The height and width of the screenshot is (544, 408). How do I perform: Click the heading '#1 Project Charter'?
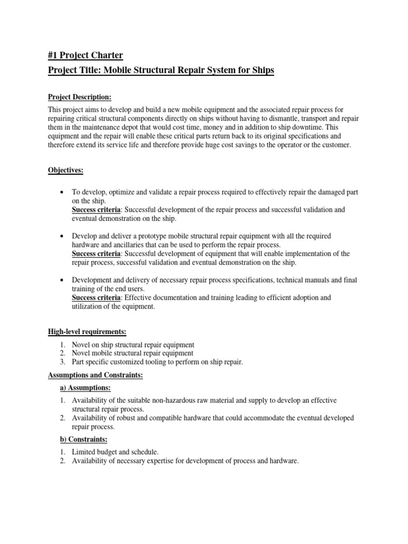tap(85, 55)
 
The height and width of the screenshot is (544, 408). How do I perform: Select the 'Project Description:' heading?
tap(80, 97)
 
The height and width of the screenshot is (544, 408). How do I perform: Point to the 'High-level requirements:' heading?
tap(87, 332)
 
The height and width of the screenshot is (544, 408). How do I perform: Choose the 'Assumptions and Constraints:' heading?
tap(96, 375)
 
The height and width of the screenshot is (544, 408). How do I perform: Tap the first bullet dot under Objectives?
tap(63, 192)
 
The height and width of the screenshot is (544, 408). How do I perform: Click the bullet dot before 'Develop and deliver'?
tap(63, 236)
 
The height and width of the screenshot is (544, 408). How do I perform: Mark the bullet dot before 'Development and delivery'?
tap(63, 280)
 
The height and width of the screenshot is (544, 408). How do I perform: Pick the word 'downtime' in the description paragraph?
tap(311, 127)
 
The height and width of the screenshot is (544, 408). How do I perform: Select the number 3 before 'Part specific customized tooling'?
tap(62, 362)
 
